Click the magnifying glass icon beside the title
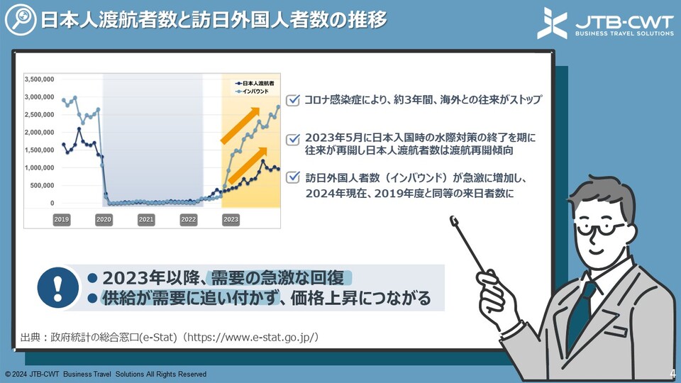tap(21, 20)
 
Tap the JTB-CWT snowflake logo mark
tap(552, 23)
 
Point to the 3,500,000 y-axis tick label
tap(39, 79)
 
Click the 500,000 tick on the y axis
tap(42, 185)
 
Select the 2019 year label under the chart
tap(62, 219)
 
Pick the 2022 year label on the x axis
tap(189, 219)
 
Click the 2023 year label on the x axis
tap(231, 219)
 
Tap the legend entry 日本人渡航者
tap(255, 83)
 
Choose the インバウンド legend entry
tap(253, 91)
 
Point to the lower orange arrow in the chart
tap(248, 165)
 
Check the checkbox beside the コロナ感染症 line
tap(293, 100)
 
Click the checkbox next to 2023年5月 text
tap(293, 139)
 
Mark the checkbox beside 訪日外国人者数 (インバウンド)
tap(293, 177)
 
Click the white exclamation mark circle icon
tap(57, 287)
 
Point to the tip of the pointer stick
tap(454, 220)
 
